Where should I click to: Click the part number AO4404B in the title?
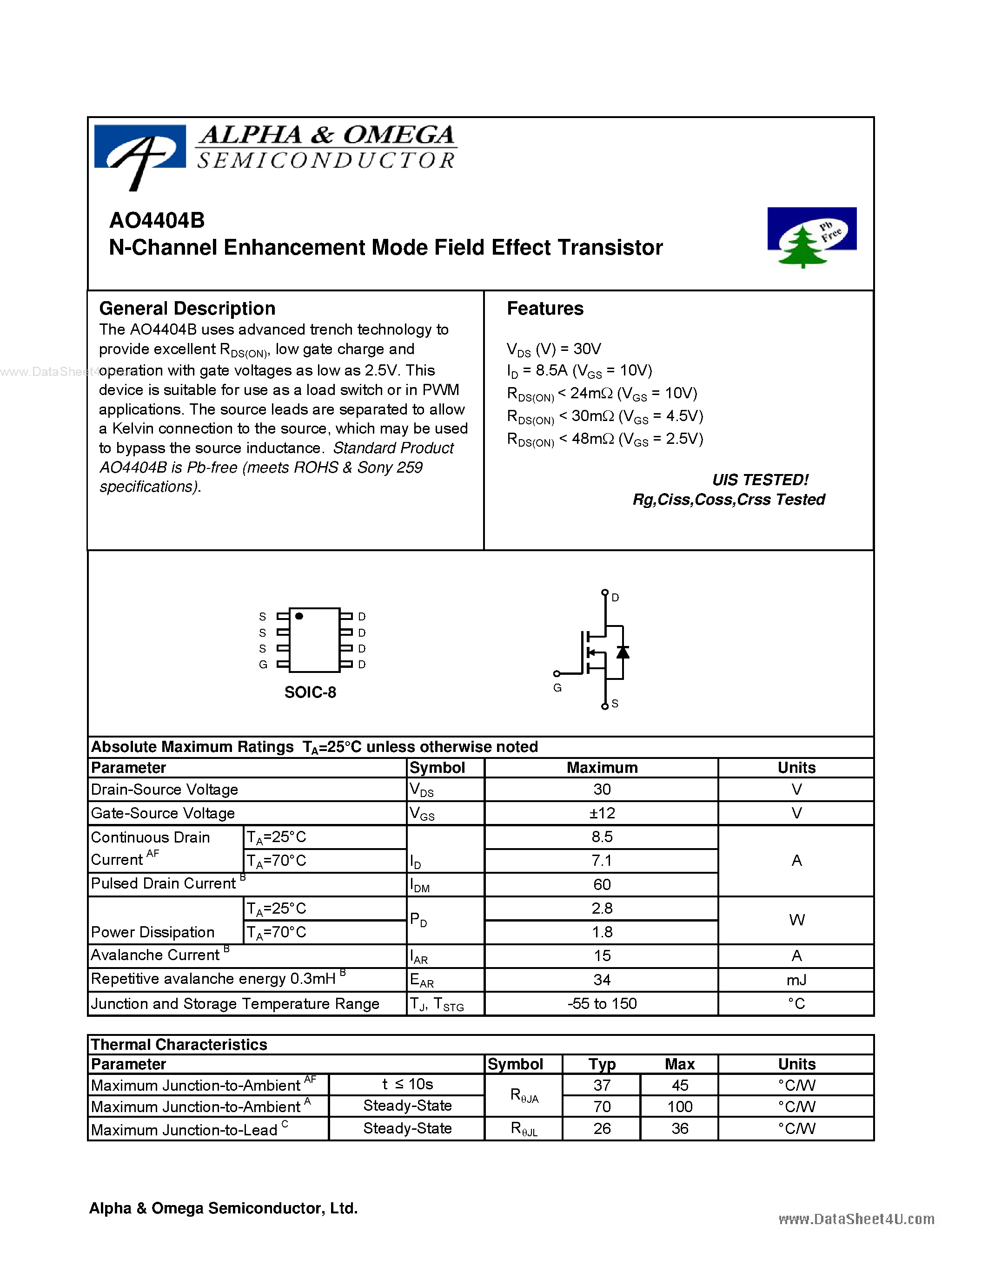pyautogui.click(x=157, y=221)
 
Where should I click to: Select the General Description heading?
pyautogui.click(x=187, y=309)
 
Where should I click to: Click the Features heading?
pyautogui.click(x=544, y=309)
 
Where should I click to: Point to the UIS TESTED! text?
pyautogui.click(x=760, y=480)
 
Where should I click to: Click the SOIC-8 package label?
pyautogui.click(x=310, y=692)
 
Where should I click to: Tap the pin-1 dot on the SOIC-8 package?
pyautogui.click(x=299, y=616)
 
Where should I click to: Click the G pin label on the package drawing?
pyautogui.click(x=263, y=665)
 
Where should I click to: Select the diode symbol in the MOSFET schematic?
pyautogui.click(x=623, y=652)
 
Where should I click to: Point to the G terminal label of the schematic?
pyautogui.click(x=557, y=688)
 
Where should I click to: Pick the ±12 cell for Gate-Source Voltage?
pyautogui.click(x=602, y=813)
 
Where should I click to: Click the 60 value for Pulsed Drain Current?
pyautogui.click(x=602, y=885)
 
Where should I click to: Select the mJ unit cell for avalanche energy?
pyautogui.click(x=796, y=980)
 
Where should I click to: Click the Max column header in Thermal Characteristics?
pyautogui.click(x=680, y=1064)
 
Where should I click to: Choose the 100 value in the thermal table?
pyautogui.click(x=680, y=1107)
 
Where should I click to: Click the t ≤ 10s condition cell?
pyautogui.click(x=407, y=1084)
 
